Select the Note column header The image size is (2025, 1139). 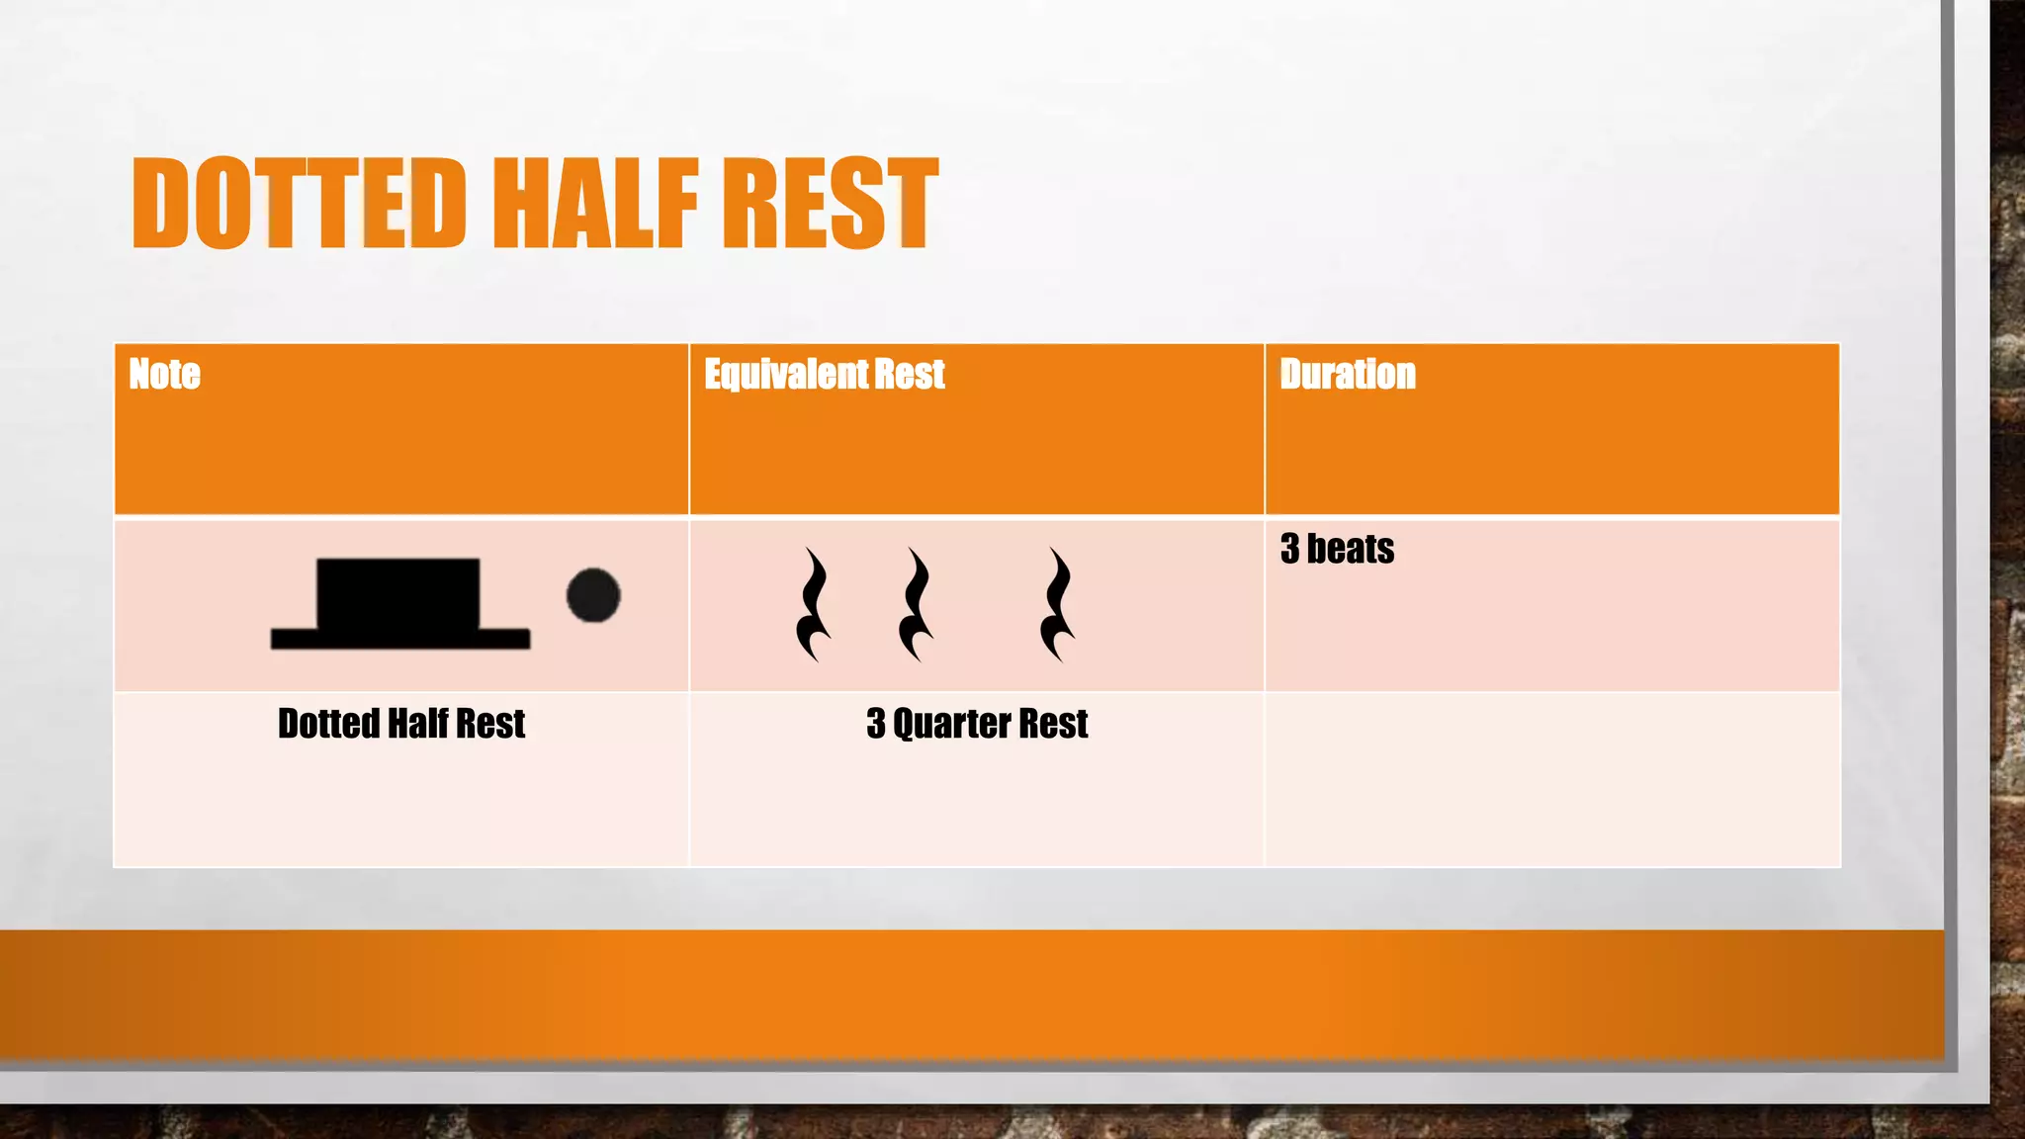[164, 375]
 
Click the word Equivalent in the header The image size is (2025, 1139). [781, 375]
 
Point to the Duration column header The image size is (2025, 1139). [1347, 375]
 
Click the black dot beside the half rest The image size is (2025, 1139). [593, 595]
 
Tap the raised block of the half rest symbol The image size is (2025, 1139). [398, 592]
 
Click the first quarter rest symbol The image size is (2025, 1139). [814, 604]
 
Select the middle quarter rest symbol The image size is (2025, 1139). [917, 604]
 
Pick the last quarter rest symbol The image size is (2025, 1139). [1058, 604]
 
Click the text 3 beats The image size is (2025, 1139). [1337, 549]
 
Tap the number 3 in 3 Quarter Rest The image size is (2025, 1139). [876, 724]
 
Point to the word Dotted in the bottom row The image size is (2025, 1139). [328, 724]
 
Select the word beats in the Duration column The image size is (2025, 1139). [1351, 549]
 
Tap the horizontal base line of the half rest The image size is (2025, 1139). [400, 639]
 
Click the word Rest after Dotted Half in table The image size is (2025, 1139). [490, 724]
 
